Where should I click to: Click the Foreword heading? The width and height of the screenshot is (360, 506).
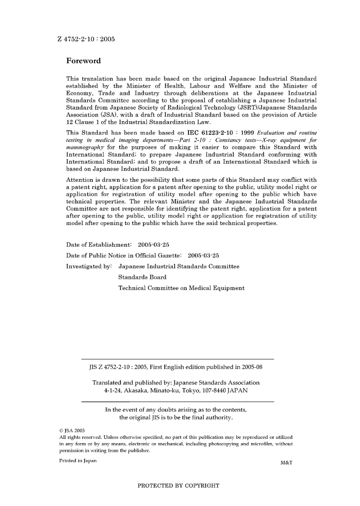[83, 61]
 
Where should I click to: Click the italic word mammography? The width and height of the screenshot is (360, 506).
[85, 147]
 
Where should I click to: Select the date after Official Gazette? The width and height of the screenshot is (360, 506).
[203, 256]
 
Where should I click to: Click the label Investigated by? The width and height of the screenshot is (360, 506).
[89, 267]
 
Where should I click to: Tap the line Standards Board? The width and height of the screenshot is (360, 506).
[142, 277]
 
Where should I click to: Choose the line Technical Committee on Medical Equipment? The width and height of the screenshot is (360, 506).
[181, 288]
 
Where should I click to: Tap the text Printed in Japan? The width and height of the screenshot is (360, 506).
[78, 461]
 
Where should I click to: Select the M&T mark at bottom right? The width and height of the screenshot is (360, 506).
[286, 463]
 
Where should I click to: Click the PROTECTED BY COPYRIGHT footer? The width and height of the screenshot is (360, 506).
[178, 486]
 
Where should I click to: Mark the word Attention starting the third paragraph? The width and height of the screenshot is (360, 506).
[80, 180]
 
